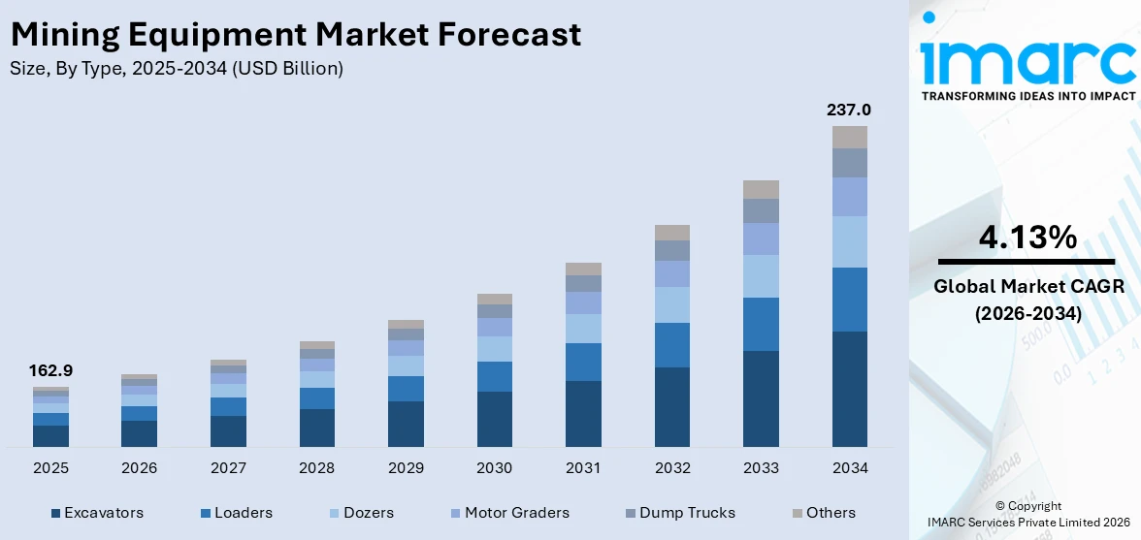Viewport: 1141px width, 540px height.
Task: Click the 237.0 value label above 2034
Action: tap(849, 110)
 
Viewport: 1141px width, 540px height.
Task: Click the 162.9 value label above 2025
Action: tap(50, 370)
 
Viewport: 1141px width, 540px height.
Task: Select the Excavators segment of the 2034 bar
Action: tap(849, 389)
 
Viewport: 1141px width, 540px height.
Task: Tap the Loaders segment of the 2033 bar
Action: tap(761, 324)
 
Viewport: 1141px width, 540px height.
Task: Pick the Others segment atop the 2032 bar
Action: tap(671, 233)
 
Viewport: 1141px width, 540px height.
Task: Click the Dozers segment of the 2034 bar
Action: tap(849, 241)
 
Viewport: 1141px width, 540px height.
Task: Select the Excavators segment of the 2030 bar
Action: tap(494, 419)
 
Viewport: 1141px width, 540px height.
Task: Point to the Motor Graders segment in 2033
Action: tap(761, 238)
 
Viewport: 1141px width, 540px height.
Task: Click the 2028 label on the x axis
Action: tap(316, 468)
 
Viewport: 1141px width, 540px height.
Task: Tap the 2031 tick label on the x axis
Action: tap(583, 468)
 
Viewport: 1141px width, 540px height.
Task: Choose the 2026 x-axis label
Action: tap(140, 468)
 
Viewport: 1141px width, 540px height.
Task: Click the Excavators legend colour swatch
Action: tap(55, 513)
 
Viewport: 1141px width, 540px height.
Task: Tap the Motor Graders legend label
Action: tap(516, 513)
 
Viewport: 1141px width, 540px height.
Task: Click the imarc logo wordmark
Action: tap(1027, 60)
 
